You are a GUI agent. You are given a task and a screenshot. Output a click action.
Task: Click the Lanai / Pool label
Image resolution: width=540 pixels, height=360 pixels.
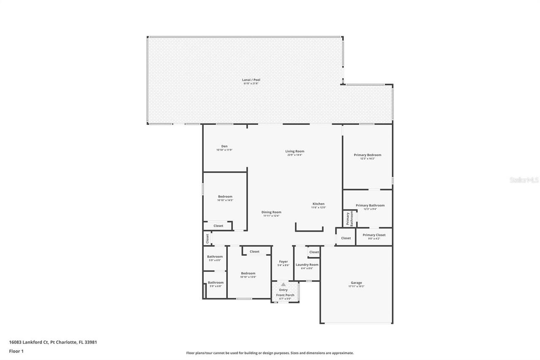coord(251,79)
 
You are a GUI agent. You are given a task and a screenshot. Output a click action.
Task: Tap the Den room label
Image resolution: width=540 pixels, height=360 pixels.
coord(224,146)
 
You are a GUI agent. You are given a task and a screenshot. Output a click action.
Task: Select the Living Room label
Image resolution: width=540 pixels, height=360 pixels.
coord(294,151)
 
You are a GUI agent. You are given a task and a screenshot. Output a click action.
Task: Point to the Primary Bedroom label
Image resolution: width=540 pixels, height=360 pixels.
coord(367,155)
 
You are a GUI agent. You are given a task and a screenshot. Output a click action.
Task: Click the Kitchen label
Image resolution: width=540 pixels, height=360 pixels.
coord(319,204)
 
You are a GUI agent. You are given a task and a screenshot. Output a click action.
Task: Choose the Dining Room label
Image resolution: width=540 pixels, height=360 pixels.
coord(271,212)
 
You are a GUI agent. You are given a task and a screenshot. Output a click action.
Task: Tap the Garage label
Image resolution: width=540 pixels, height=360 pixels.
coord(356,283)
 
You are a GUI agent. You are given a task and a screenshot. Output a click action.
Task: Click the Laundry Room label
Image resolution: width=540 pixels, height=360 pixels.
coord(307,265)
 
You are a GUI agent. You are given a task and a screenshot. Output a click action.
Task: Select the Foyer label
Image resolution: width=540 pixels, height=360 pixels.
coord(283,262)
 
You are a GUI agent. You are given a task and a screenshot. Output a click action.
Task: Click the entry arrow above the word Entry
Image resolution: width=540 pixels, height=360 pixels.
coord(283,285)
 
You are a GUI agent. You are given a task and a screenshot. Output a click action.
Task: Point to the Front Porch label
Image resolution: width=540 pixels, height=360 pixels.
coord(285,295)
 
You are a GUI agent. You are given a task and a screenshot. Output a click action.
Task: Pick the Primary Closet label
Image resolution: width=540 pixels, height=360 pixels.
coord(374,235)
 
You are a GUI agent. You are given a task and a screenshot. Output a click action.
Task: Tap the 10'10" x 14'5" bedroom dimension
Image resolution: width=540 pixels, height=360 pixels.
coord(225,200)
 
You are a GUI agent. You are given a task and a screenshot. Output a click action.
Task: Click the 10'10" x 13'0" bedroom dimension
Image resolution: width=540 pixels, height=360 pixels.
coord(248,277)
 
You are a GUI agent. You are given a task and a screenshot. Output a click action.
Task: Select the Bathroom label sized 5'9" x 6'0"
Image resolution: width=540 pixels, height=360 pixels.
coord(215,257)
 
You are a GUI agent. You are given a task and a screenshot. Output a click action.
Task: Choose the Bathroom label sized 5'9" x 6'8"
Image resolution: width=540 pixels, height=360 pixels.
coord(216,282)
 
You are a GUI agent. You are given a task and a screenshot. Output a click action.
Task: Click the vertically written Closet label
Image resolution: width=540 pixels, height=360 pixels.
coord(207,238)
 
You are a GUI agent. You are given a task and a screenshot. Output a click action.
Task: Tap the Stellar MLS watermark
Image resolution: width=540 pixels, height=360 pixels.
coord(524,180)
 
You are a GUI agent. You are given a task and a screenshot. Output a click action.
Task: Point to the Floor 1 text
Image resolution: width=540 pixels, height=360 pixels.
coord(16,351)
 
